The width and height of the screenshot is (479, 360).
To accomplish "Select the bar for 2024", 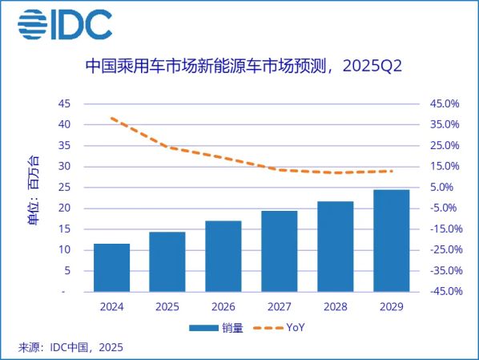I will click(111, 268).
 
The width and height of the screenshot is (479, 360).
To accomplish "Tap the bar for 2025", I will click(167, 262).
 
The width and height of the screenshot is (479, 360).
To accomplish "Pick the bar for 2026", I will click(223, 257).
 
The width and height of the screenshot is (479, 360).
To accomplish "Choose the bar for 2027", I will click(280, 252).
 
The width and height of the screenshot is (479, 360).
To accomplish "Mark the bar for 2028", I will click(335, 247).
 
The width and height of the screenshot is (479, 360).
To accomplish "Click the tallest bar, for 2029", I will click(391, 241).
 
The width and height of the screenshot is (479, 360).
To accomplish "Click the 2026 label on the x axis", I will click(223, 307).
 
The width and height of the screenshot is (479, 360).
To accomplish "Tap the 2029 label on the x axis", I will click(391, 307).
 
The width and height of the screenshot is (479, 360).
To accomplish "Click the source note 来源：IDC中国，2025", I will click(70, 347).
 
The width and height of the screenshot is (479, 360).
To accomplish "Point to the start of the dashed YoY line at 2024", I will click(111, 118).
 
